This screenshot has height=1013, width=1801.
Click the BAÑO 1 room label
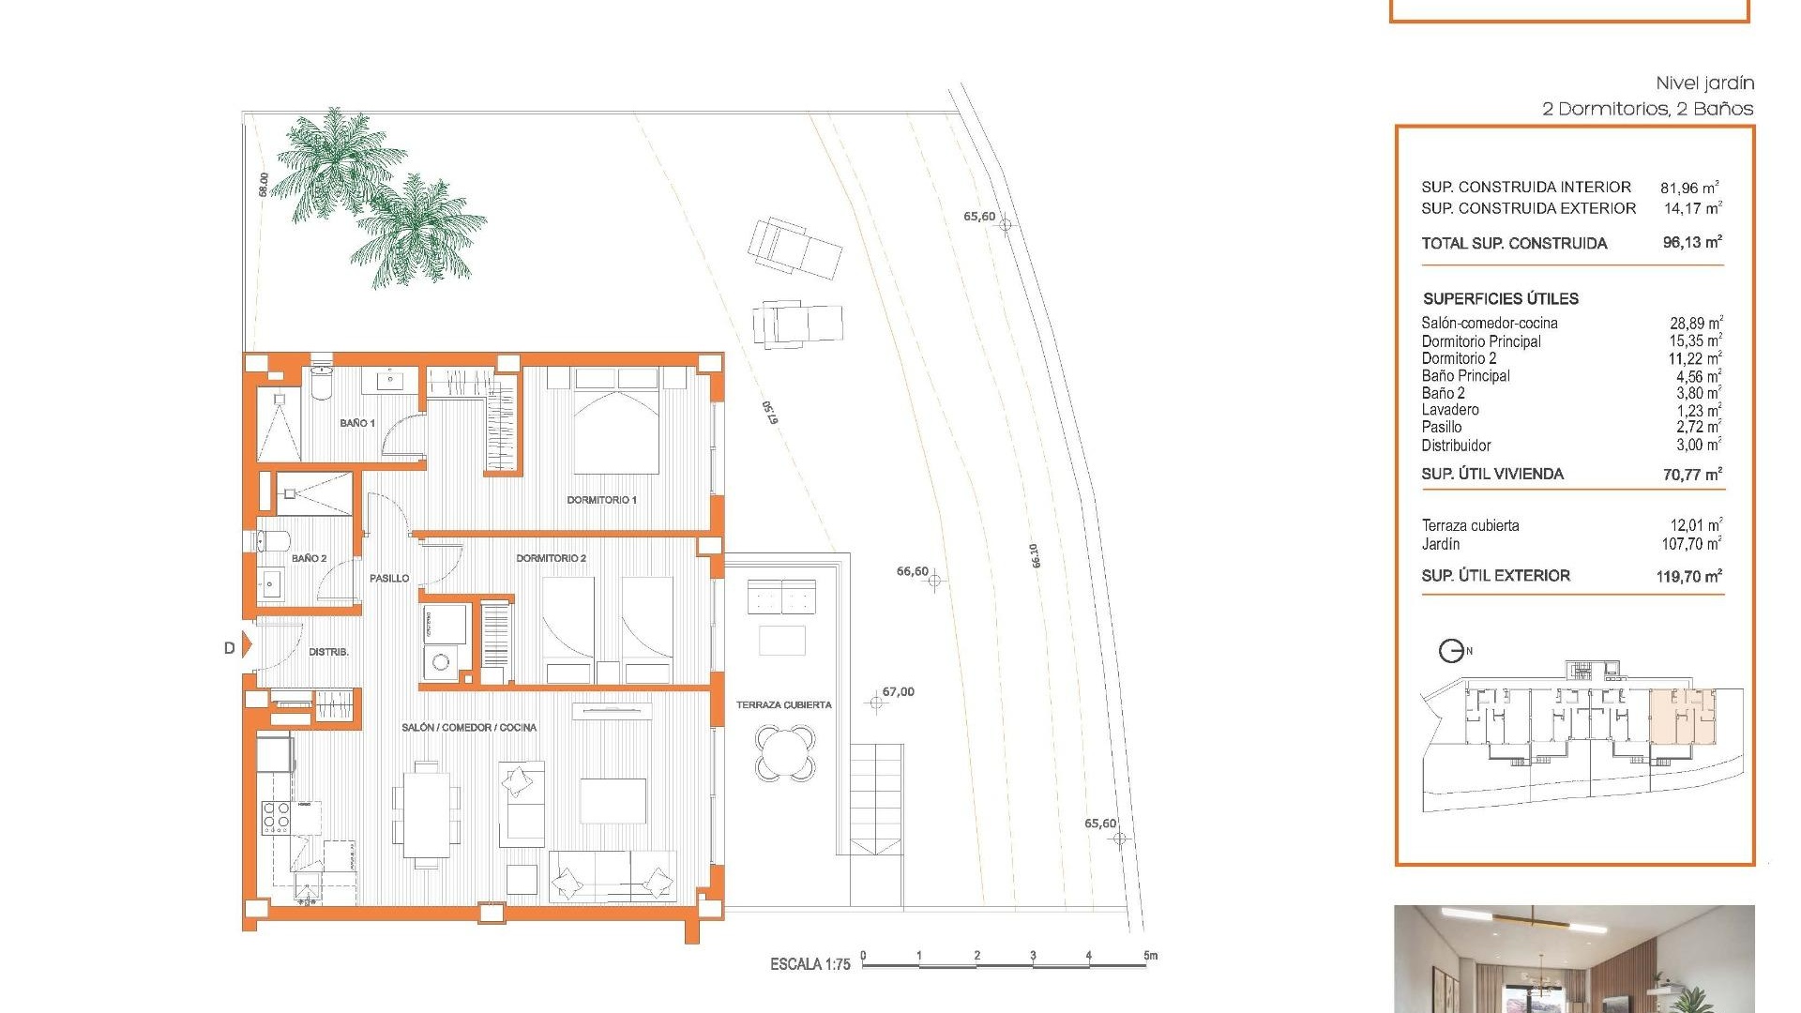[356, 423]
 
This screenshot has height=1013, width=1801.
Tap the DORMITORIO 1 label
[601, 500]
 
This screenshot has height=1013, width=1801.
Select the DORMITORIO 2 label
[551, 558]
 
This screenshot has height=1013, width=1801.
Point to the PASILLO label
[389, 579]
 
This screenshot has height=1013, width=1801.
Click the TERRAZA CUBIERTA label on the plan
[783, 705]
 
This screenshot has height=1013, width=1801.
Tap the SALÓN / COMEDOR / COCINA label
[469, 728]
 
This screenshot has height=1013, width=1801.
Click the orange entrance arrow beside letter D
[248, 645]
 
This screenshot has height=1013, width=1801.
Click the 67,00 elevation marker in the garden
[876, 702]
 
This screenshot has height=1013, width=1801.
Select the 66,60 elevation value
[912, 571]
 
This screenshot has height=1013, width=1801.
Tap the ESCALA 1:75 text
[810, 964]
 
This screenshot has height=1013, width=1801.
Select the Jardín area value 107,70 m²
[1691, 544]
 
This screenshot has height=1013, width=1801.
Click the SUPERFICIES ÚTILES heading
[1500, 299]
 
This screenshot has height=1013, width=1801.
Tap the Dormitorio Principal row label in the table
[1480, 341]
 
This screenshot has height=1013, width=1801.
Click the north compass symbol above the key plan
[1453, 651]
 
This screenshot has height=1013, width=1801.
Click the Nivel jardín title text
[1704, 83]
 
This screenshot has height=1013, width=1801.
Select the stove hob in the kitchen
[276, 818]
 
